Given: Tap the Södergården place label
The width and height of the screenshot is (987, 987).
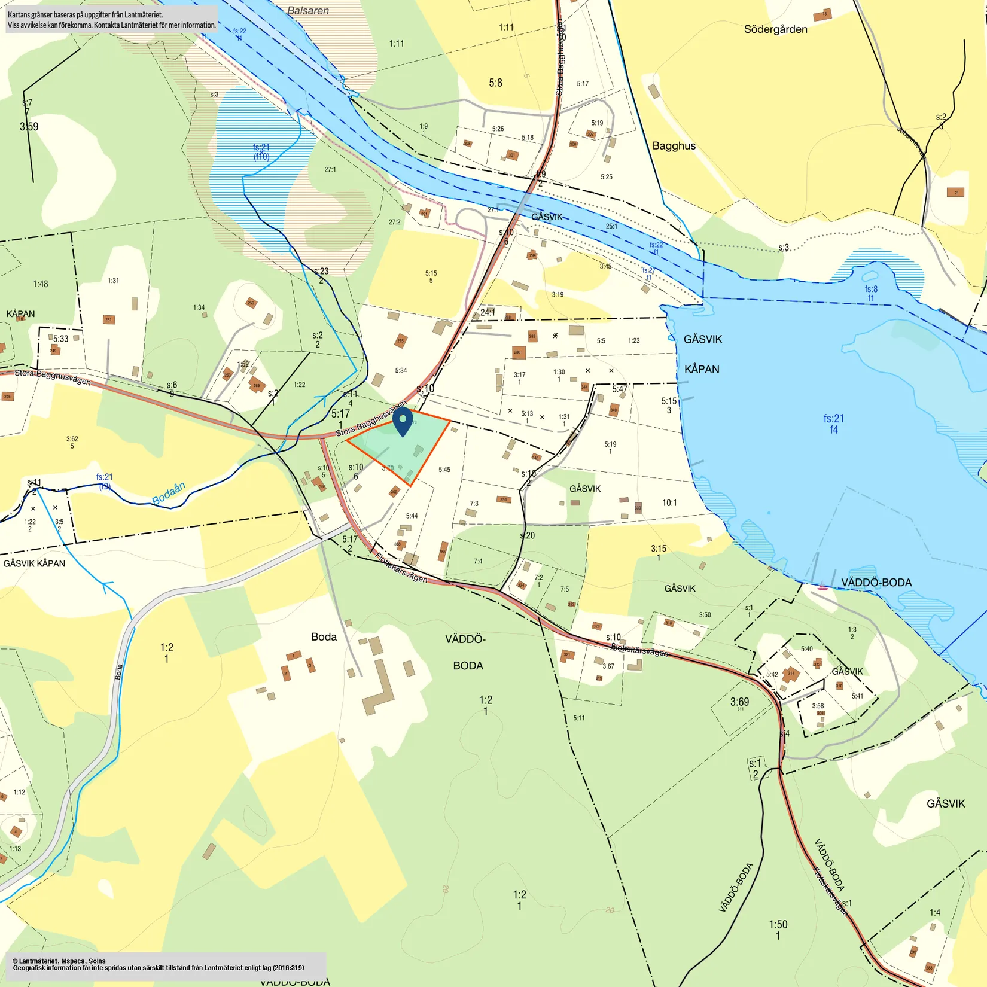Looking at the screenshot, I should (775, 29).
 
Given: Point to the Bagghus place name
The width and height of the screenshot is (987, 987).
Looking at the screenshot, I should (674, 146).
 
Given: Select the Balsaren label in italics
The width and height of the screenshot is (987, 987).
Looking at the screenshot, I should (307, 11).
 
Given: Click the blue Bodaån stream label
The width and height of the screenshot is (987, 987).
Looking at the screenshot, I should (168, 493).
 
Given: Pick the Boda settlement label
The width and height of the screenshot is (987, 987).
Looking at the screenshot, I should (324, 637).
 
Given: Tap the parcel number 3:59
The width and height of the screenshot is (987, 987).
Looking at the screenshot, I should (29, 127).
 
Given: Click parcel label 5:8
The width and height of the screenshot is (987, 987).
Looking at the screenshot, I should (495, 83).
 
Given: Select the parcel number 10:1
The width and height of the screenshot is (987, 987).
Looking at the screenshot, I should (669, 503).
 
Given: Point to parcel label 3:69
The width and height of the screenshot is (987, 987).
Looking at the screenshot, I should (739, 702).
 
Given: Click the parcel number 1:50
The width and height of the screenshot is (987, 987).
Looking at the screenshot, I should (778, 924).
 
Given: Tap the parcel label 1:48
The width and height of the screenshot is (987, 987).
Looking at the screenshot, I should (41, 284).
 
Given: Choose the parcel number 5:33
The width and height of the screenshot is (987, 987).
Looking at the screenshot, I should (60, 339).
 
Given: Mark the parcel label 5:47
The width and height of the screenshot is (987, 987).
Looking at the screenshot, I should (620, 389).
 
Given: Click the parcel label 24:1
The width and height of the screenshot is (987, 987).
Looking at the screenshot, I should (488, 312).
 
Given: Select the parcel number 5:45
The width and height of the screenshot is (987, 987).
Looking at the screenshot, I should (444, 470).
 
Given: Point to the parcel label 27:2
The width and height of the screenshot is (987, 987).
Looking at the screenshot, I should (394, 222).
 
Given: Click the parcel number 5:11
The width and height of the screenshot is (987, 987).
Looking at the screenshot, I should (578, 718).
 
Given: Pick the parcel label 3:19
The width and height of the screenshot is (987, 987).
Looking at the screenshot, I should (558, 294).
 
